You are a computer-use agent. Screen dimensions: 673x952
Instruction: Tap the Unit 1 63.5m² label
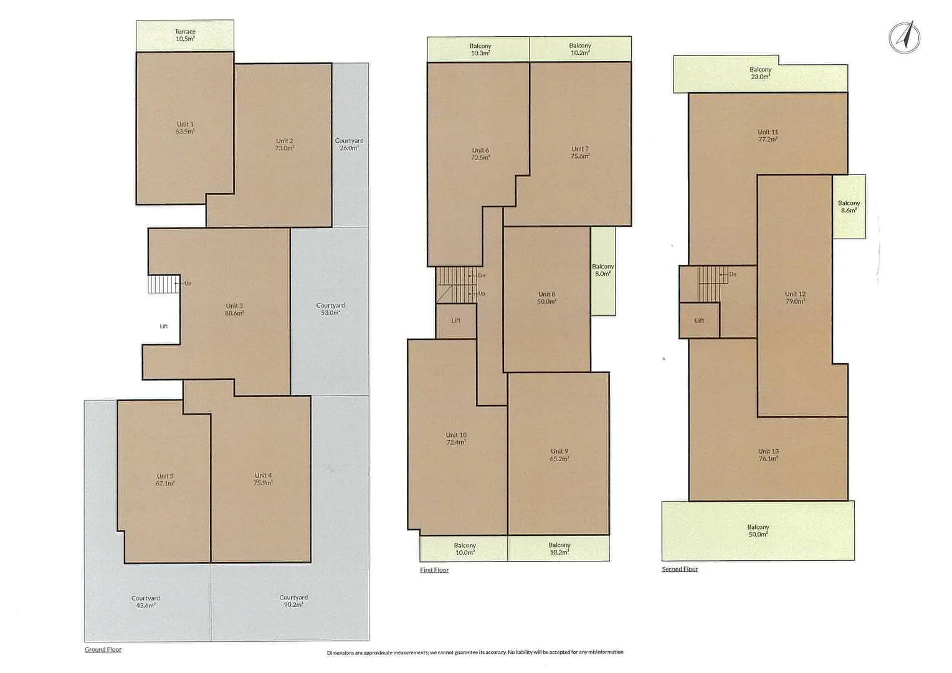click(185, 128)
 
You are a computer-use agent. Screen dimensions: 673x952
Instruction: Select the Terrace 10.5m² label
click(185, 35)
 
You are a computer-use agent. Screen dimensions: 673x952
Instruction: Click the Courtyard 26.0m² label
click(349, 144)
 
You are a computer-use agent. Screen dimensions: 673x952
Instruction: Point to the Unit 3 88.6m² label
click(234, 309)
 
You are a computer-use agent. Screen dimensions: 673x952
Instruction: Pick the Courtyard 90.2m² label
click(293, 601)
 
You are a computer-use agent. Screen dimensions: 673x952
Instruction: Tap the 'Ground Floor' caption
click(103, 649)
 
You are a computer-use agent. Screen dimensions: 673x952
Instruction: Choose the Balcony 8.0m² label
click(602, 270)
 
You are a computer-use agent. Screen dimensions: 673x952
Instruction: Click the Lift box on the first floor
click(456, 320)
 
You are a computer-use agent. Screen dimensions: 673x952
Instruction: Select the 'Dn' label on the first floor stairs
click(481, 275)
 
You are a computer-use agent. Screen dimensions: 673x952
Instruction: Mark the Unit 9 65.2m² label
click(559, 455)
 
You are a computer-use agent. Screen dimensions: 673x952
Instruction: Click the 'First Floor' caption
click(434, 570)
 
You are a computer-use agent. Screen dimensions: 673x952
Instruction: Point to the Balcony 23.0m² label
click(760, 73)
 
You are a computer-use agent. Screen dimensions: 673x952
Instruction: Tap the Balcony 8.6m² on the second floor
click(849, 206)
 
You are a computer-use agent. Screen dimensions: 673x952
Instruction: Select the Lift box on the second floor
click(699, 320)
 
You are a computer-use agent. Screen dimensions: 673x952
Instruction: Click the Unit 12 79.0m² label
click(795, 297)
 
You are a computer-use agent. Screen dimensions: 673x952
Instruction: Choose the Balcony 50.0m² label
click(758, 530)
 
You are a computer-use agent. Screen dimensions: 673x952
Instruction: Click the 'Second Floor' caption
click(680, 569)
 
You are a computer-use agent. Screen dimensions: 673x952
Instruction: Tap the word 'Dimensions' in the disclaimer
click(340, 653)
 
